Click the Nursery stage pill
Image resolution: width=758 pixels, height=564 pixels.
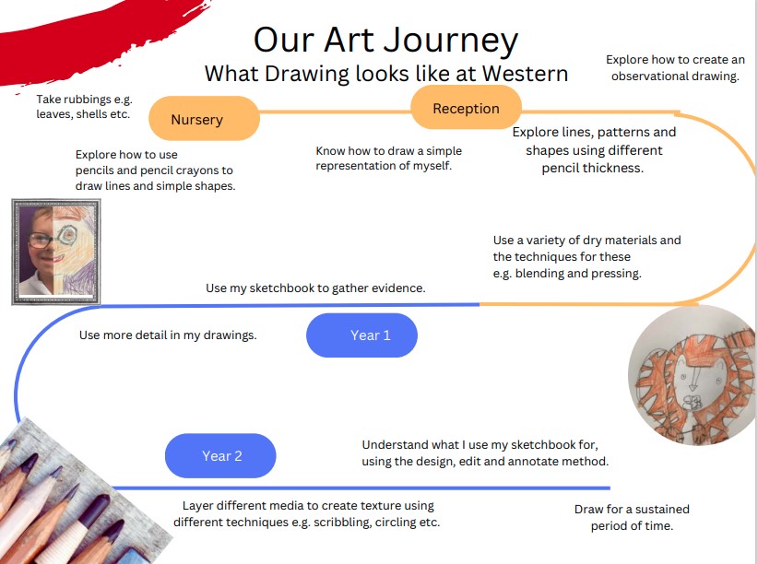204,118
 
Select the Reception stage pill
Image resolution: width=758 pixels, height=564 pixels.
466,107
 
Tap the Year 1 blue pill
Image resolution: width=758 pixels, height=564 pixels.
361,335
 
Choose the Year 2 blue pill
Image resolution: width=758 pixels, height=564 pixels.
220,456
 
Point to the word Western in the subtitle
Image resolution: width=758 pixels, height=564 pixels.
525,74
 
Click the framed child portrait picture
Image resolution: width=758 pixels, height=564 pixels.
56,252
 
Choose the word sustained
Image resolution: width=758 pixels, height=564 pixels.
662,510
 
